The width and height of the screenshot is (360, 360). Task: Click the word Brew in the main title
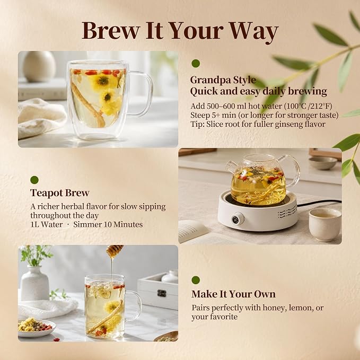point(111,31)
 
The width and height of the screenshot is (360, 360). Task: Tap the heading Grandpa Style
point(223,80)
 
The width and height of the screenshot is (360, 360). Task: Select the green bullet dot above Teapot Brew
point(34,180)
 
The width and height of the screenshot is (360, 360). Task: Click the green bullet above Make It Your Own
point(196,280)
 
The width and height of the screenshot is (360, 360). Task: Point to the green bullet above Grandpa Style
point(196,64)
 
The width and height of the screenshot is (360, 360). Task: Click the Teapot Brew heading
point(60,193)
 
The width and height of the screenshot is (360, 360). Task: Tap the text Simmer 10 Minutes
point(108,224)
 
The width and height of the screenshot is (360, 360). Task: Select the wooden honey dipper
point(115,250)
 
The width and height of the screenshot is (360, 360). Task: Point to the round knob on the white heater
point(238,218)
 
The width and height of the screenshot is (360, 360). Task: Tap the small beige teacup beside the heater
point(325,224)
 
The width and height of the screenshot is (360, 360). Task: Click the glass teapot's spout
point(230,167)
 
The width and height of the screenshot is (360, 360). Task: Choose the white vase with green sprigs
point(35,283)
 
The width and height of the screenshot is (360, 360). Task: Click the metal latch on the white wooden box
point(162,293)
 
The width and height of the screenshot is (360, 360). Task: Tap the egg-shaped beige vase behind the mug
point(39,66)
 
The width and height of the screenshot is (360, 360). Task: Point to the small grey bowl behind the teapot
point(323,163)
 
